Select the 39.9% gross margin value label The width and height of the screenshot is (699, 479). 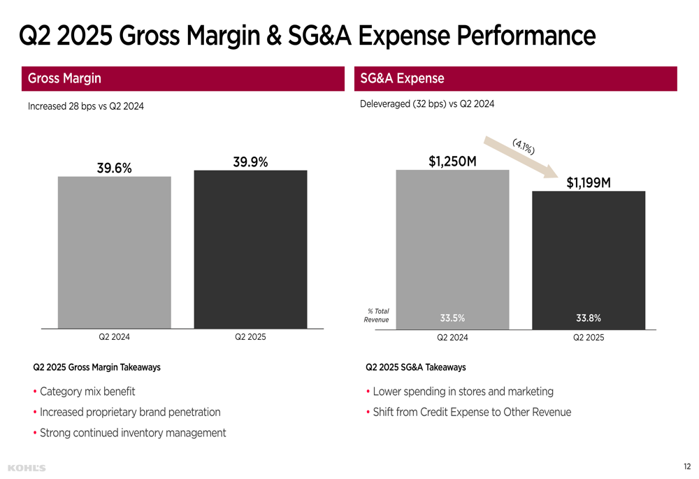[x=250, y=162]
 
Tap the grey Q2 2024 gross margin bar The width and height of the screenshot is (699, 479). [x=115, y=252]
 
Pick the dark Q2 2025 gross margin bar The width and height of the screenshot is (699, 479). [x=250, y=249]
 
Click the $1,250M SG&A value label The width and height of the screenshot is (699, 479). [x=452, y=162]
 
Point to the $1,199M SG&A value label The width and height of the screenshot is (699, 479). [x=589, y=183]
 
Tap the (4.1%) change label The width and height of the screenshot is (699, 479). [x=524, y=145]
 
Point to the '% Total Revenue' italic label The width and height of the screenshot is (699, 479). [x=377, y=315]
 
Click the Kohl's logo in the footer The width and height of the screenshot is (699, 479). [x=27, y=467]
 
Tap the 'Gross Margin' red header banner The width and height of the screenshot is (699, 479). [x=183, y=78]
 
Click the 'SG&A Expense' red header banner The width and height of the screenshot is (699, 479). [x=516, y=78]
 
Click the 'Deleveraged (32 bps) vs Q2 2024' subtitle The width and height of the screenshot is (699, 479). [x=426, y=104]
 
